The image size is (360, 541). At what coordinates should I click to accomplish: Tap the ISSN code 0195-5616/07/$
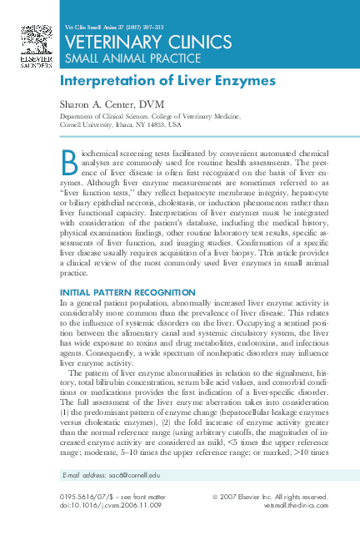[x=86, y=496]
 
